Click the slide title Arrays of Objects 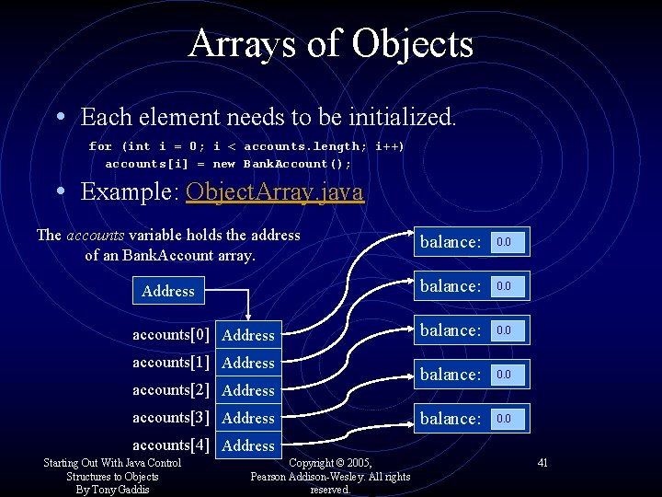click(331, 43)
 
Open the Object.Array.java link click(275, 191)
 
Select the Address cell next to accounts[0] click(248, 335)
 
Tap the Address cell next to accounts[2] click(248, 390)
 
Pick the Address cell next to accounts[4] click(248, 445)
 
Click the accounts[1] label click(171, 362)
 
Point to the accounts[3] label click(171, 417)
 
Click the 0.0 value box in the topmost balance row click(508, 242)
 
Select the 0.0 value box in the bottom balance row click(508, 419)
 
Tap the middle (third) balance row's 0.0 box click(508, 330)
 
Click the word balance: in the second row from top click(451, 286)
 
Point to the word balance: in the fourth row click(451, 375)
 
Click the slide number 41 click(542, 462)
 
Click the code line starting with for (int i click(246, 146)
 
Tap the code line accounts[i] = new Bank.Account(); click(228, 164)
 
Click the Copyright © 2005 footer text click(330, 462)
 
